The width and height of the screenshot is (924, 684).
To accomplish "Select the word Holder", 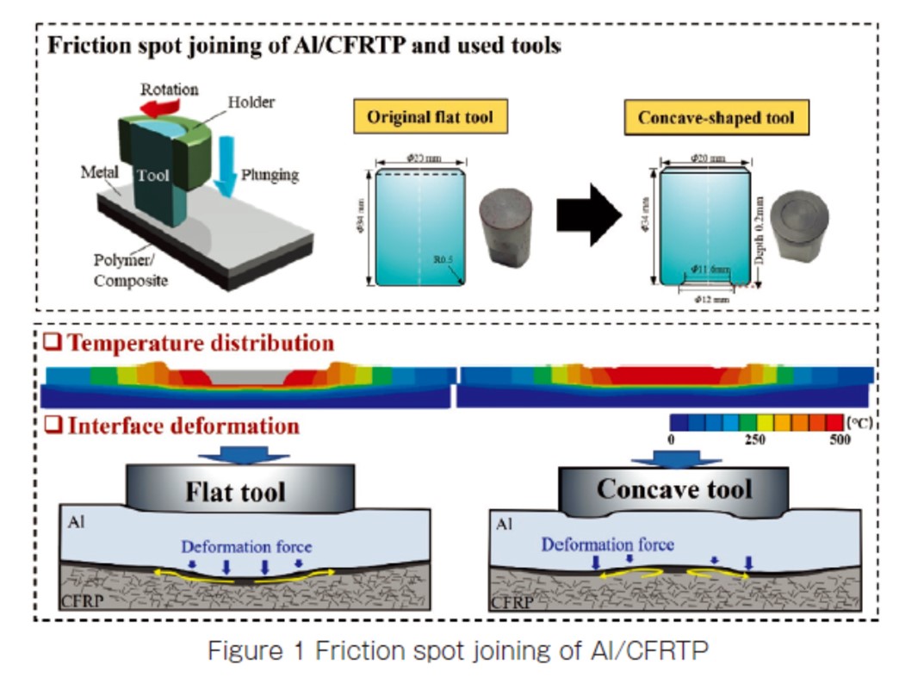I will click(251, 102).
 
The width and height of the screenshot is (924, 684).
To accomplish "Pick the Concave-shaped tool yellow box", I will click(716, 118).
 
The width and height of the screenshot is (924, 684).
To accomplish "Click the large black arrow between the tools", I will click(588, 215).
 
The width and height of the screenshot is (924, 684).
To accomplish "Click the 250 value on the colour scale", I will click(755, 440).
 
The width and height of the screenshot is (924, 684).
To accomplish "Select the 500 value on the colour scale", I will click(838, 440).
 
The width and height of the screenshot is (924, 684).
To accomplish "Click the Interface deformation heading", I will click(183, 426).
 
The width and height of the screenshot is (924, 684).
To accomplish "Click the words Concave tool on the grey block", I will click(674, 490).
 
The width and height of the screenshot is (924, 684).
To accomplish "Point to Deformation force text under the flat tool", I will click(246, 546).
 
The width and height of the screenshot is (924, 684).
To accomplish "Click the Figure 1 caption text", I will click(457, 652).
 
